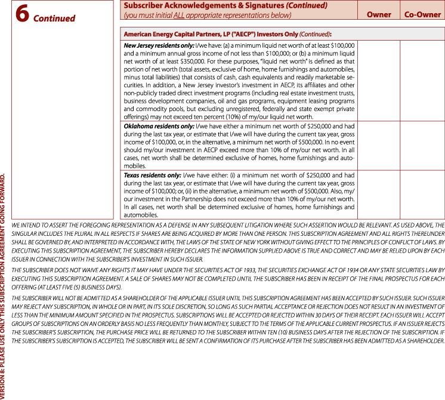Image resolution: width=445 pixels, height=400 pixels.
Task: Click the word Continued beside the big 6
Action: (x=54, y=18)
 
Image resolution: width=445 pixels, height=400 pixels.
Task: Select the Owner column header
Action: (x=379, y=14)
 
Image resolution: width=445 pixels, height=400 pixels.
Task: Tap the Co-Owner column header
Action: (x=422, y=14)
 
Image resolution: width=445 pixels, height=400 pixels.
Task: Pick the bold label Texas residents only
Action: (x=152, y=176)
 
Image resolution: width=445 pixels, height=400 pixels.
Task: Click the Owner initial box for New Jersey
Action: (x=379, y=81)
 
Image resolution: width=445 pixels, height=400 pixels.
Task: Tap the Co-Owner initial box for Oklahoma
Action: (x=422, y=146)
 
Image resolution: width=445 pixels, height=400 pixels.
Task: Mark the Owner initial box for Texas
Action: (x=379, y=195)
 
